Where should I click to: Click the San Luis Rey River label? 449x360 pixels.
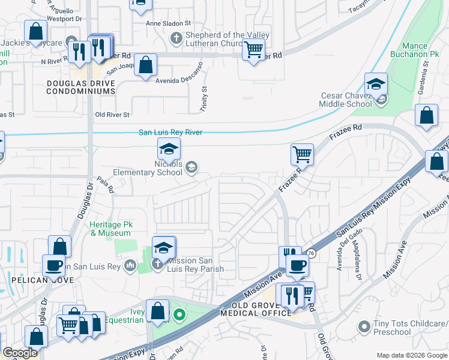(x=170, y=133)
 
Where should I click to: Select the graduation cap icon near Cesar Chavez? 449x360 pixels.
(x=376, y=84)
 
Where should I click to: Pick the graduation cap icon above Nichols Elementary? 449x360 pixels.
(x=169, y=149)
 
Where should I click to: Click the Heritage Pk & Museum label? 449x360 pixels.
(x=110, y=229)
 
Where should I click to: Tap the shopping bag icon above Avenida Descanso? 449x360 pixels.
(x=146, y=65)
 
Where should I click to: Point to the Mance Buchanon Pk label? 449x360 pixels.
(x=424, y=50)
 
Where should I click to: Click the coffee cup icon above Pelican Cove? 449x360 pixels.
(x=53, y=265)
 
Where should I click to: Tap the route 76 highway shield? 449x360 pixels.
(x=310, y=254)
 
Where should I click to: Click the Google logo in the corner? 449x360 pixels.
(x=20, y=353)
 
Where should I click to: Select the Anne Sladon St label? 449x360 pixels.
(x=167, y=24)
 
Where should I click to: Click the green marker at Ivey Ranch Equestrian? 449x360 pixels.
(x=179, y=314)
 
